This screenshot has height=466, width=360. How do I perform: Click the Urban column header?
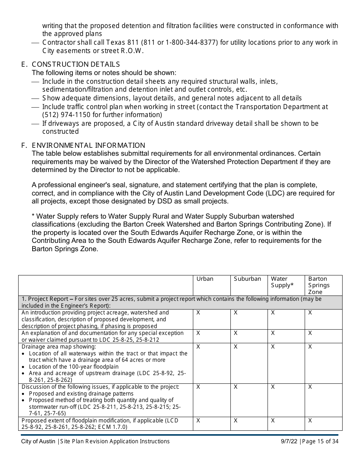[205, 279]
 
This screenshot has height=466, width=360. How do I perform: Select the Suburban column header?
[247, 279]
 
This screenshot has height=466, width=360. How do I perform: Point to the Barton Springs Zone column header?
[319, 285]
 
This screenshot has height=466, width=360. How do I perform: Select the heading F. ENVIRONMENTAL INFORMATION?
[83, 145]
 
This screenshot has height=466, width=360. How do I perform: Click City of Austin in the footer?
[38, 441]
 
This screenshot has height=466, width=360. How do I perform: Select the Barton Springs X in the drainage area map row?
[310, 347]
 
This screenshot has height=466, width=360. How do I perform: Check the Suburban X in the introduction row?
[235, 313]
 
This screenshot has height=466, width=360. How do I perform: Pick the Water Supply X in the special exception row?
[272, 333]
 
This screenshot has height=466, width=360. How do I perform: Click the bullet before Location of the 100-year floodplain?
[24, 367]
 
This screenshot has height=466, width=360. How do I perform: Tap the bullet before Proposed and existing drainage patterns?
[24, 394]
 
